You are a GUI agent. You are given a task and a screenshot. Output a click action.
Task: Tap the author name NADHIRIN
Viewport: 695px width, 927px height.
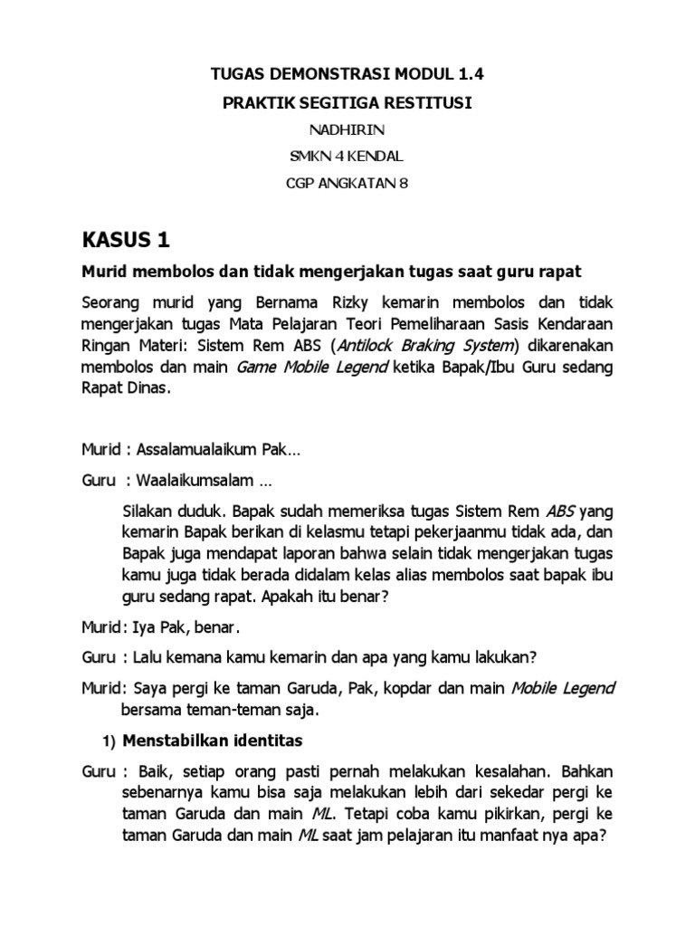[347, 130]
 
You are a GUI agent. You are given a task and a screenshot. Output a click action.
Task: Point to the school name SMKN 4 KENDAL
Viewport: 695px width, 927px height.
[347, 157]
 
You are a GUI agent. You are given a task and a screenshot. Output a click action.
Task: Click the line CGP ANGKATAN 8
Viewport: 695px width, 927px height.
[347, 183]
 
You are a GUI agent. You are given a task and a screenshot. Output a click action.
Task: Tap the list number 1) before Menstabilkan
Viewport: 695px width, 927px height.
[106, 742]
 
